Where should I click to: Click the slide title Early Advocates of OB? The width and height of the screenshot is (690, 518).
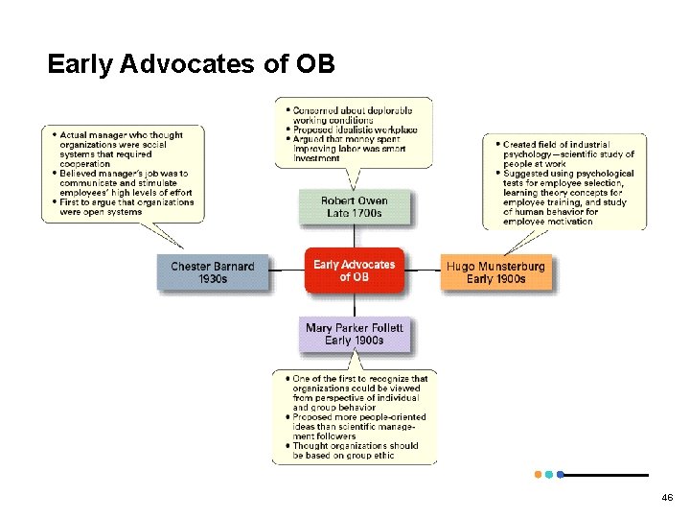click(x=191, y=64)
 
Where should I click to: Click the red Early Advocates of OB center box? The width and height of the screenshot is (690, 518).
click(x=354, y=271)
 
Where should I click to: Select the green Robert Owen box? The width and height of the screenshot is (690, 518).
click(x=354, y=207)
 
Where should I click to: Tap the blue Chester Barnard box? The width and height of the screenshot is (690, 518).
click(x=213, y=272)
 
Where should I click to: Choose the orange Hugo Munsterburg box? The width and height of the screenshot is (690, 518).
click(x=495, y=272)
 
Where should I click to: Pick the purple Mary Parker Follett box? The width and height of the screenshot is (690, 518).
click(x=354, y=334)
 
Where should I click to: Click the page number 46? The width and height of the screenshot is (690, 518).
click(x=667, y=498)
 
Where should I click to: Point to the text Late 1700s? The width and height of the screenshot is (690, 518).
click(x=354, y=213)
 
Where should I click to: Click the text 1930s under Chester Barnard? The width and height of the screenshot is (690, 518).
click(x=213, y=279)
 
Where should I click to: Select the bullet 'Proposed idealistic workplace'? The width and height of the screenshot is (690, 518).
click(x=355, y=129)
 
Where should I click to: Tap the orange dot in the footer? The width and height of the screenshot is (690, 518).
click(x=537, y=474)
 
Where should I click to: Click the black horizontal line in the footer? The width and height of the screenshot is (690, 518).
click(x=606, y=475)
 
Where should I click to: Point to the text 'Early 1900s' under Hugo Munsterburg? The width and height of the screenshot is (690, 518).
click(x=495, y=279)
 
